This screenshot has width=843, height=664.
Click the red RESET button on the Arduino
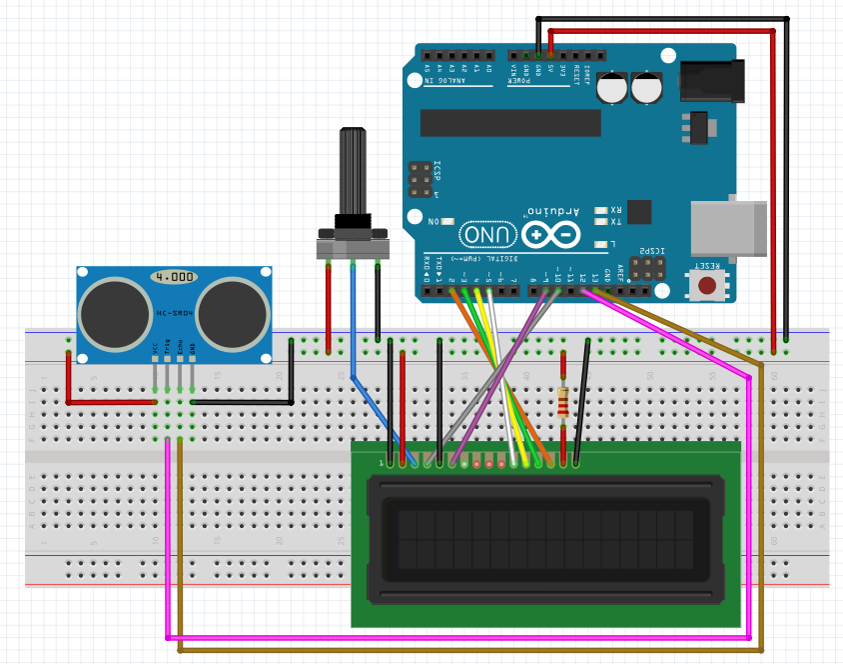[x=708, y=286]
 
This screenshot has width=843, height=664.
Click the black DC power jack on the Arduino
[x=712, y=80]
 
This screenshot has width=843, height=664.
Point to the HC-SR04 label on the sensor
[x=174, y=313]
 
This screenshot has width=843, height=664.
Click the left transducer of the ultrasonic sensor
[x=113, y=310]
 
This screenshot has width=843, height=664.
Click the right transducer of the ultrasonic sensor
[x=236, y=310]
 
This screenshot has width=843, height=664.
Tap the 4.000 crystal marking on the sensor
[x=174, y=275]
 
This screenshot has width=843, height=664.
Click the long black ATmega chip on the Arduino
[x=510, y=123]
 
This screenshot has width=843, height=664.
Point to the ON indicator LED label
[x=433, y=221]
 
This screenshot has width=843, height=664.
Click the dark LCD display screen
[x=544, y=539]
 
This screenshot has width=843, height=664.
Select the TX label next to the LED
[x=615, y=222]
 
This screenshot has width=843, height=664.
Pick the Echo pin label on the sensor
[x=180, y=351]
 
